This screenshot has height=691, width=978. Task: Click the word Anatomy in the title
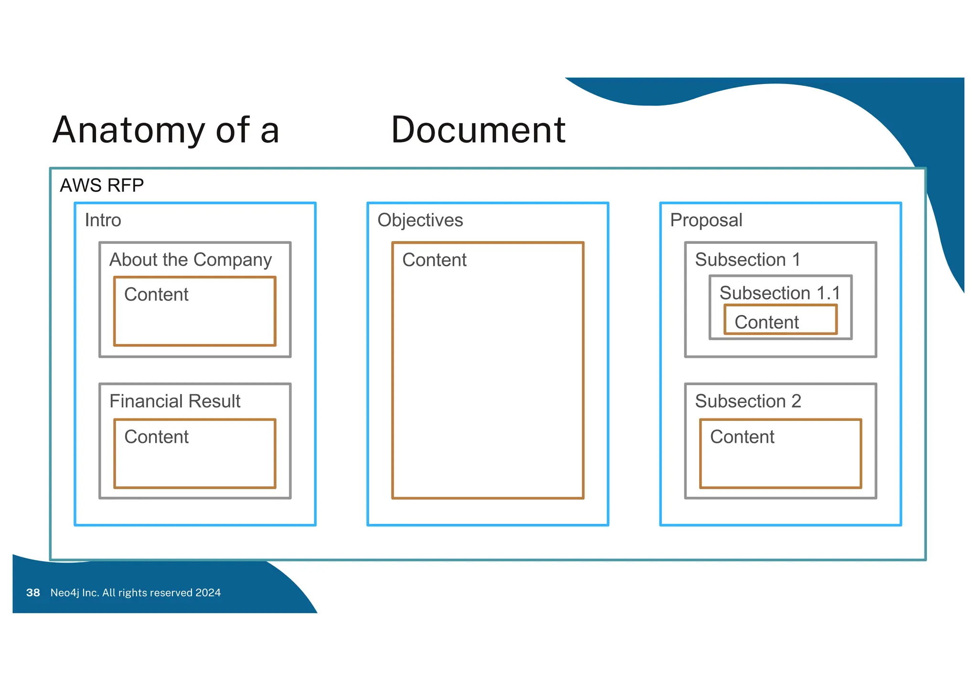129,131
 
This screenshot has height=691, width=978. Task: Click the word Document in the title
478,130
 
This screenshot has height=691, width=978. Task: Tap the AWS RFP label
102,185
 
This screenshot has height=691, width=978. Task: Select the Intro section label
103,220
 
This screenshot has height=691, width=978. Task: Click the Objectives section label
420,220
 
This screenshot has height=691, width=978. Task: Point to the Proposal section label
706,220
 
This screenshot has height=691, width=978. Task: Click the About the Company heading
191,260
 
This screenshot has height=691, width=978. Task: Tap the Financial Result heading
175,401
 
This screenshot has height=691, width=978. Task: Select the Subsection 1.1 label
779,293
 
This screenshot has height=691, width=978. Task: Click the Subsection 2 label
748,401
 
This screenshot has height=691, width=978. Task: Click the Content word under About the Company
156,294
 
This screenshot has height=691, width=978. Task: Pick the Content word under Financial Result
156,437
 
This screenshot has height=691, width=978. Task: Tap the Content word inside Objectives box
434,260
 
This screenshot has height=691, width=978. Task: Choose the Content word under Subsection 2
742,437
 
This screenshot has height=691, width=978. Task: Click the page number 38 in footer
33,593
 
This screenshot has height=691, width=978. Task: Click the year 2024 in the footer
208,593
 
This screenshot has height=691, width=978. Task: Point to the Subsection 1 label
747,260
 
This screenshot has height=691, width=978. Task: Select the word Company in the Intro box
233,260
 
